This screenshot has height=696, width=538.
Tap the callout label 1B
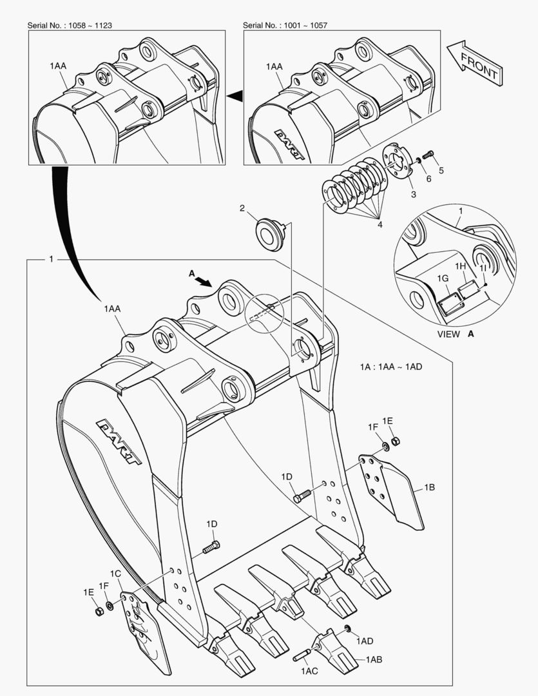(429, 488)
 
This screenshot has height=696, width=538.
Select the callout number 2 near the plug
(242, 208)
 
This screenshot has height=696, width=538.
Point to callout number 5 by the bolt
(441, 171)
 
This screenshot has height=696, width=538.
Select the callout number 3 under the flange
(413, 194)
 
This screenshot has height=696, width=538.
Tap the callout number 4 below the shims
(380, 224)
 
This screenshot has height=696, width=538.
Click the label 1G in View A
(443, 278)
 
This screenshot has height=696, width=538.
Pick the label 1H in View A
(460, 266)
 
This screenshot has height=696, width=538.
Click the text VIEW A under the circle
(455, 334)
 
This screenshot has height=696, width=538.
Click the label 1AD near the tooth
(365, 641)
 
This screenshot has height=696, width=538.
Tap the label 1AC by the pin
(309, 672)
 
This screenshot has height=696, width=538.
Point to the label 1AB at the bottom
(374, 659)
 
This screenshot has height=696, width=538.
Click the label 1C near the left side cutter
(115, 574)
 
